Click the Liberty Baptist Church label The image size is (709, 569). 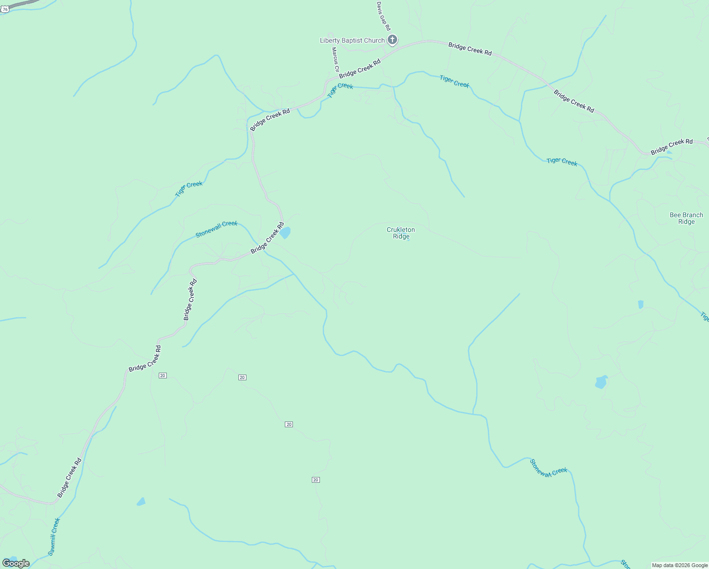coord(352,40)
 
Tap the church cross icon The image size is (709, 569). coord(392,40)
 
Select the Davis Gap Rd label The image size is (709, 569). coord(383,16)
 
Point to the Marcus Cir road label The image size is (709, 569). coord(335,59)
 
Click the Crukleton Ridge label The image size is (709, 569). coord(400,233)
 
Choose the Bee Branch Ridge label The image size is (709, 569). coord(686,218)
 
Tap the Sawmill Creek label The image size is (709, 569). coord(54,536)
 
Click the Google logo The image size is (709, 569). coord(16,563)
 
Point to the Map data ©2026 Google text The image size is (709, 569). coord(679,565)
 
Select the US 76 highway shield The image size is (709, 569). coord(5,9)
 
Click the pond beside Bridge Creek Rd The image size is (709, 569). coord(285,233)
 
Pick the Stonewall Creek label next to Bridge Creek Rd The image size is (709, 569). coord(216,229)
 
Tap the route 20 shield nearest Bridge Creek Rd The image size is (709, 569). coord(163,376)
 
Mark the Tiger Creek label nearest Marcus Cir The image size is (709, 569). coord(340,90)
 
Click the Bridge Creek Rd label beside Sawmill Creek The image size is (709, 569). coord(70,477)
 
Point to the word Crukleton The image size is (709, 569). coord(400,229)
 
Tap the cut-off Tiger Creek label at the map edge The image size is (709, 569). coord(704,317)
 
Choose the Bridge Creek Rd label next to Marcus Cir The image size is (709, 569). coord(360,69)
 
